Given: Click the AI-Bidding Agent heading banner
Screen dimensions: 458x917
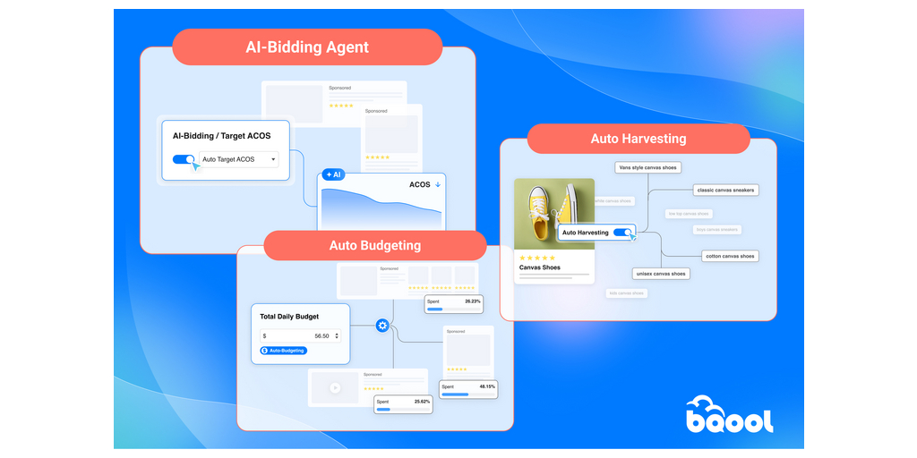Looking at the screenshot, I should coord(307,47).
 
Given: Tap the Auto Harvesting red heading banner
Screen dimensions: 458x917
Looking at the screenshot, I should coord(638,139).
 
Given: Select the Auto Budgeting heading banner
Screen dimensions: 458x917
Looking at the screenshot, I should coord(374,245).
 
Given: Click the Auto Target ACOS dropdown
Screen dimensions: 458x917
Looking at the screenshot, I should coord(237,159).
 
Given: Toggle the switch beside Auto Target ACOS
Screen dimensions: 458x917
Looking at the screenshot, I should coord(184,159).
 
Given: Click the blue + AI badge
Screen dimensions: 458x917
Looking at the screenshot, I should coord(333,174).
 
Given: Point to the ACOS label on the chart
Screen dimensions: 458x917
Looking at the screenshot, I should coord(419,185).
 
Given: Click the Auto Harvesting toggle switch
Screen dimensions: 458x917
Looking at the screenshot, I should coord(623,233).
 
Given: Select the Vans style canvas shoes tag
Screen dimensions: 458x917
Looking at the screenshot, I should coord(647,167).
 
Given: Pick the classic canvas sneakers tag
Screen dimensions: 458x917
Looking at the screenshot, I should coord(725,190).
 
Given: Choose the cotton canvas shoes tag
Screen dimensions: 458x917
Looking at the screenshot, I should coord(729,256).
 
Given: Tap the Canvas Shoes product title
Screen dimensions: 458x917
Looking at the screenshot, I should coord(539,267).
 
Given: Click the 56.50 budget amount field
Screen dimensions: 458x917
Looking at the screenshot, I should coord(300,336).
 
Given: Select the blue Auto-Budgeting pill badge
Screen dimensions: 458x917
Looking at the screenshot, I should coord(282,351).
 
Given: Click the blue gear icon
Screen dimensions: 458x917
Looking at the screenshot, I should coord(382,326).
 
